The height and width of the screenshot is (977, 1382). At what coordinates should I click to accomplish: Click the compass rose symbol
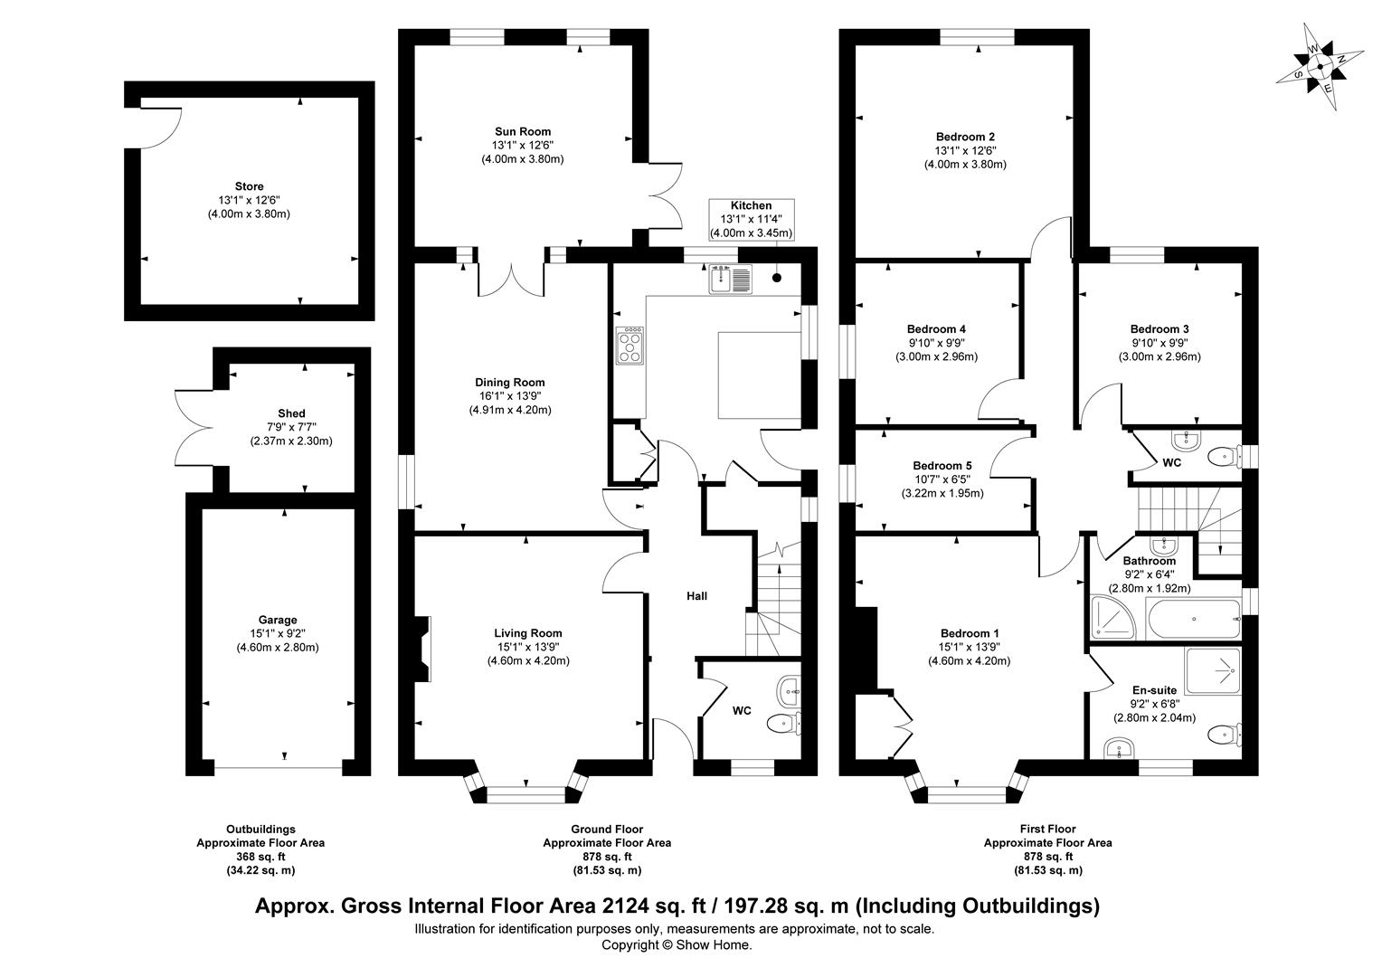click(x=1321, y=66)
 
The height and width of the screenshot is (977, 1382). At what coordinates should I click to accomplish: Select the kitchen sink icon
click(x=730, y=278)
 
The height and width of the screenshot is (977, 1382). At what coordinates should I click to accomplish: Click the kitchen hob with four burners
click(x=630, y=346)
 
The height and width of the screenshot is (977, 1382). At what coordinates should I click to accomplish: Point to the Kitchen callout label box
click(x=751, y=219)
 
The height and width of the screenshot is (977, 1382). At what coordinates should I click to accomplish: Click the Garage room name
click(x=278, y=620)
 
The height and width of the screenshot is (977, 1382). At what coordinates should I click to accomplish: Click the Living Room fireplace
click(x=422, y=648)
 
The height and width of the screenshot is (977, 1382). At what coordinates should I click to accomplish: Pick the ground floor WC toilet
click(x=782, y=723)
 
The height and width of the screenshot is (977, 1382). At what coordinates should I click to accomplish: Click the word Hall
click(x=696, y=596)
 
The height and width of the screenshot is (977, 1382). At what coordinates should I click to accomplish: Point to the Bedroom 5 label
click(x=942, y=466)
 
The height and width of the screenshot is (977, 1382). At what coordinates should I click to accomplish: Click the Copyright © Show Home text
click(x=677, y=944)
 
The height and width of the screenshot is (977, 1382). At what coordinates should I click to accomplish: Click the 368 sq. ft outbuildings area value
click(x=260, y=857)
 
